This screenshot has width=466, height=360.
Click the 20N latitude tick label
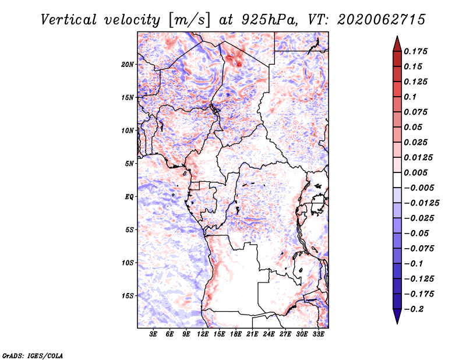coord(128,64)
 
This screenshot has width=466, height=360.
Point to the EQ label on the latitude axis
coord(129,197)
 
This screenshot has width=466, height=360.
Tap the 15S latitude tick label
coord(128,296)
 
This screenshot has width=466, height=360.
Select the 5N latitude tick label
coord(129,164)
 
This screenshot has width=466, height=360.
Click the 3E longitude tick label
coord(154,334)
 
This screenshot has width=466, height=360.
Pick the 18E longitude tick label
coord(236,334)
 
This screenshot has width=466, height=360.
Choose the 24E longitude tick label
coord(269,334)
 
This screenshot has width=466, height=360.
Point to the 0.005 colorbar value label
coord(417,172)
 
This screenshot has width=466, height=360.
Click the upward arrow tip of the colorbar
coord(397,37)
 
